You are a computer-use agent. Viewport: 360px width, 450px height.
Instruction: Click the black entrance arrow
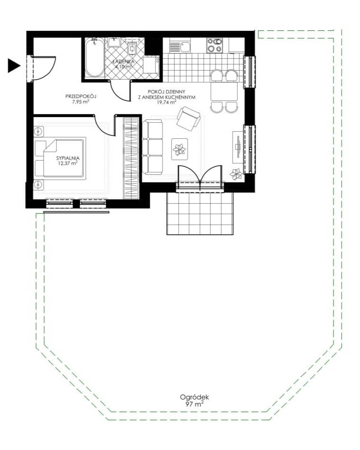click(x=13, y=66)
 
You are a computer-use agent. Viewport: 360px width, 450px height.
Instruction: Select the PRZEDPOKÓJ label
click(x=81, y=96)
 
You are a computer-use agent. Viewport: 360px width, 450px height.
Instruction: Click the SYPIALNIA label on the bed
click(x=68, y=158)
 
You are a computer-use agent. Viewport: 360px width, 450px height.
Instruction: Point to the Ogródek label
click(x=194, y=397)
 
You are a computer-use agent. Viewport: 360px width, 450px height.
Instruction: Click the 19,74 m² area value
click(x=166, y=102)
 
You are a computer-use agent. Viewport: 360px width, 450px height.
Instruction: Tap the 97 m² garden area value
click(x=194, y=405)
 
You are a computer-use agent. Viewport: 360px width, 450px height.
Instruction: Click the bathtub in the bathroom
click(x=95, y=57)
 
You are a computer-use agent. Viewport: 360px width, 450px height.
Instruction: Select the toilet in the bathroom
click(x=132, y=48)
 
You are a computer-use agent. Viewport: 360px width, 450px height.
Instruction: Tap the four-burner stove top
click(x=215, y=45)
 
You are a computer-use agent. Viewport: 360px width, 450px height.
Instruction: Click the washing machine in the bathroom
click(x=151, y=65)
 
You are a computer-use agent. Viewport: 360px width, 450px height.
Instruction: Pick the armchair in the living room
click(x=189, y=118)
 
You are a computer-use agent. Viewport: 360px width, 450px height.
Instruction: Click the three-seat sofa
click(x=153, y=147)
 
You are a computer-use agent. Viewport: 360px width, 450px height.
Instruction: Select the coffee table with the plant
click(x=180, y=149)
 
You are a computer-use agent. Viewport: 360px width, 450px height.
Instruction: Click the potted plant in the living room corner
click(x=236, y=174)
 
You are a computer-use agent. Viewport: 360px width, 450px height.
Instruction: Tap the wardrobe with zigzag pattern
click(x=131, y=158)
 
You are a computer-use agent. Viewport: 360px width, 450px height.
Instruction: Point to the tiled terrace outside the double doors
click(x=200, y=214)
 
